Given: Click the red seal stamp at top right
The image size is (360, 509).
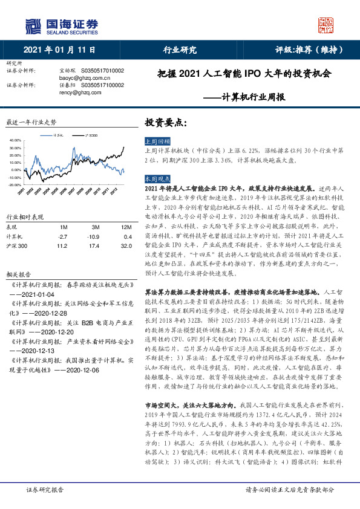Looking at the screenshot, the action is (x=326, y=25).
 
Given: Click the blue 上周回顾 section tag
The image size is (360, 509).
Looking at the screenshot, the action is (x=155, y=138).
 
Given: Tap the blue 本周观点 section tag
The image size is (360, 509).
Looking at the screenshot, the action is (x=155, y=180).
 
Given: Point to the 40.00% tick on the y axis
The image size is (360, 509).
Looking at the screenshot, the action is (x=15, y=140).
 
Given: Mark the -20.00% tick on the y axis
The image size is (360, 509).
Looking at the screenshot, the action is (x=15, y=184).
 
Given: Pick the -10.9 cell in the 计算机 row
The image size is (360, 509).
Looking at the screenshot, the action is (x=94, y=236).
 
